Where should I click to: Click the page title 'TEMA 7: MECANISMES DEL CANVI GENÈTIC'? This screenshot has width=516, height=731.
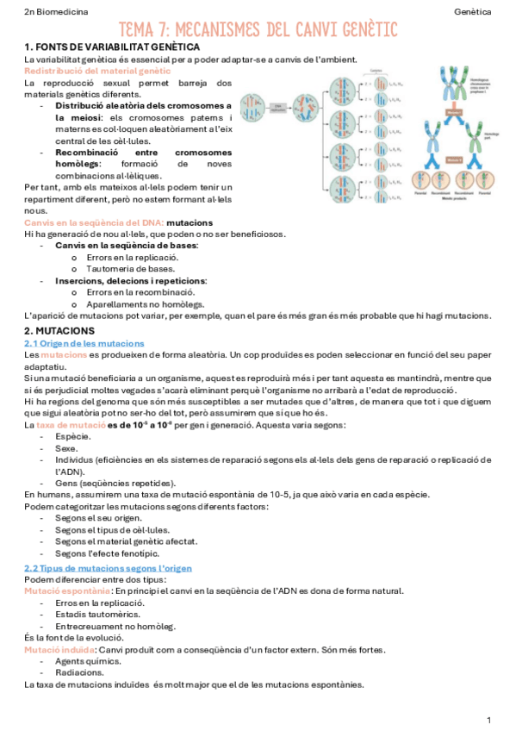[258, 30]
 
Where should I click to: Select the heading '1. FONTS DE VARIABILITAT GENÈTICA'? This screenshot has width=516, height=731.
[112, 47]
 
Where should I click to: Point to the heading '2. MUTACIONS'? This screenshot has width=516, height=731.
[59, 331]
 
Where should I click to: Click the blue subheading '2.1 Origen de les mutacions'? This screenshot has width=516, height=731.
[84, 343]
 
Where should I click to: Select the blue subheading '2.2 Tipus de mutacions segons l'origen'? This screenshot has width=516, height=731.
[108, 568]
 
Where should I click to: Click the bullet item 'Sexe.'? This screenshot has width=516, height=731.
[68, 448]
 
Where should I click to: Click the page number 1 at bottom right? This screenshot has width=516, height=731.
[488, 719]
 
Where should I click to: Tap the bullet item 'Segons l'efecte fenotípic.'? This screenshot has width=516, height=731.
[114, 553]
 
